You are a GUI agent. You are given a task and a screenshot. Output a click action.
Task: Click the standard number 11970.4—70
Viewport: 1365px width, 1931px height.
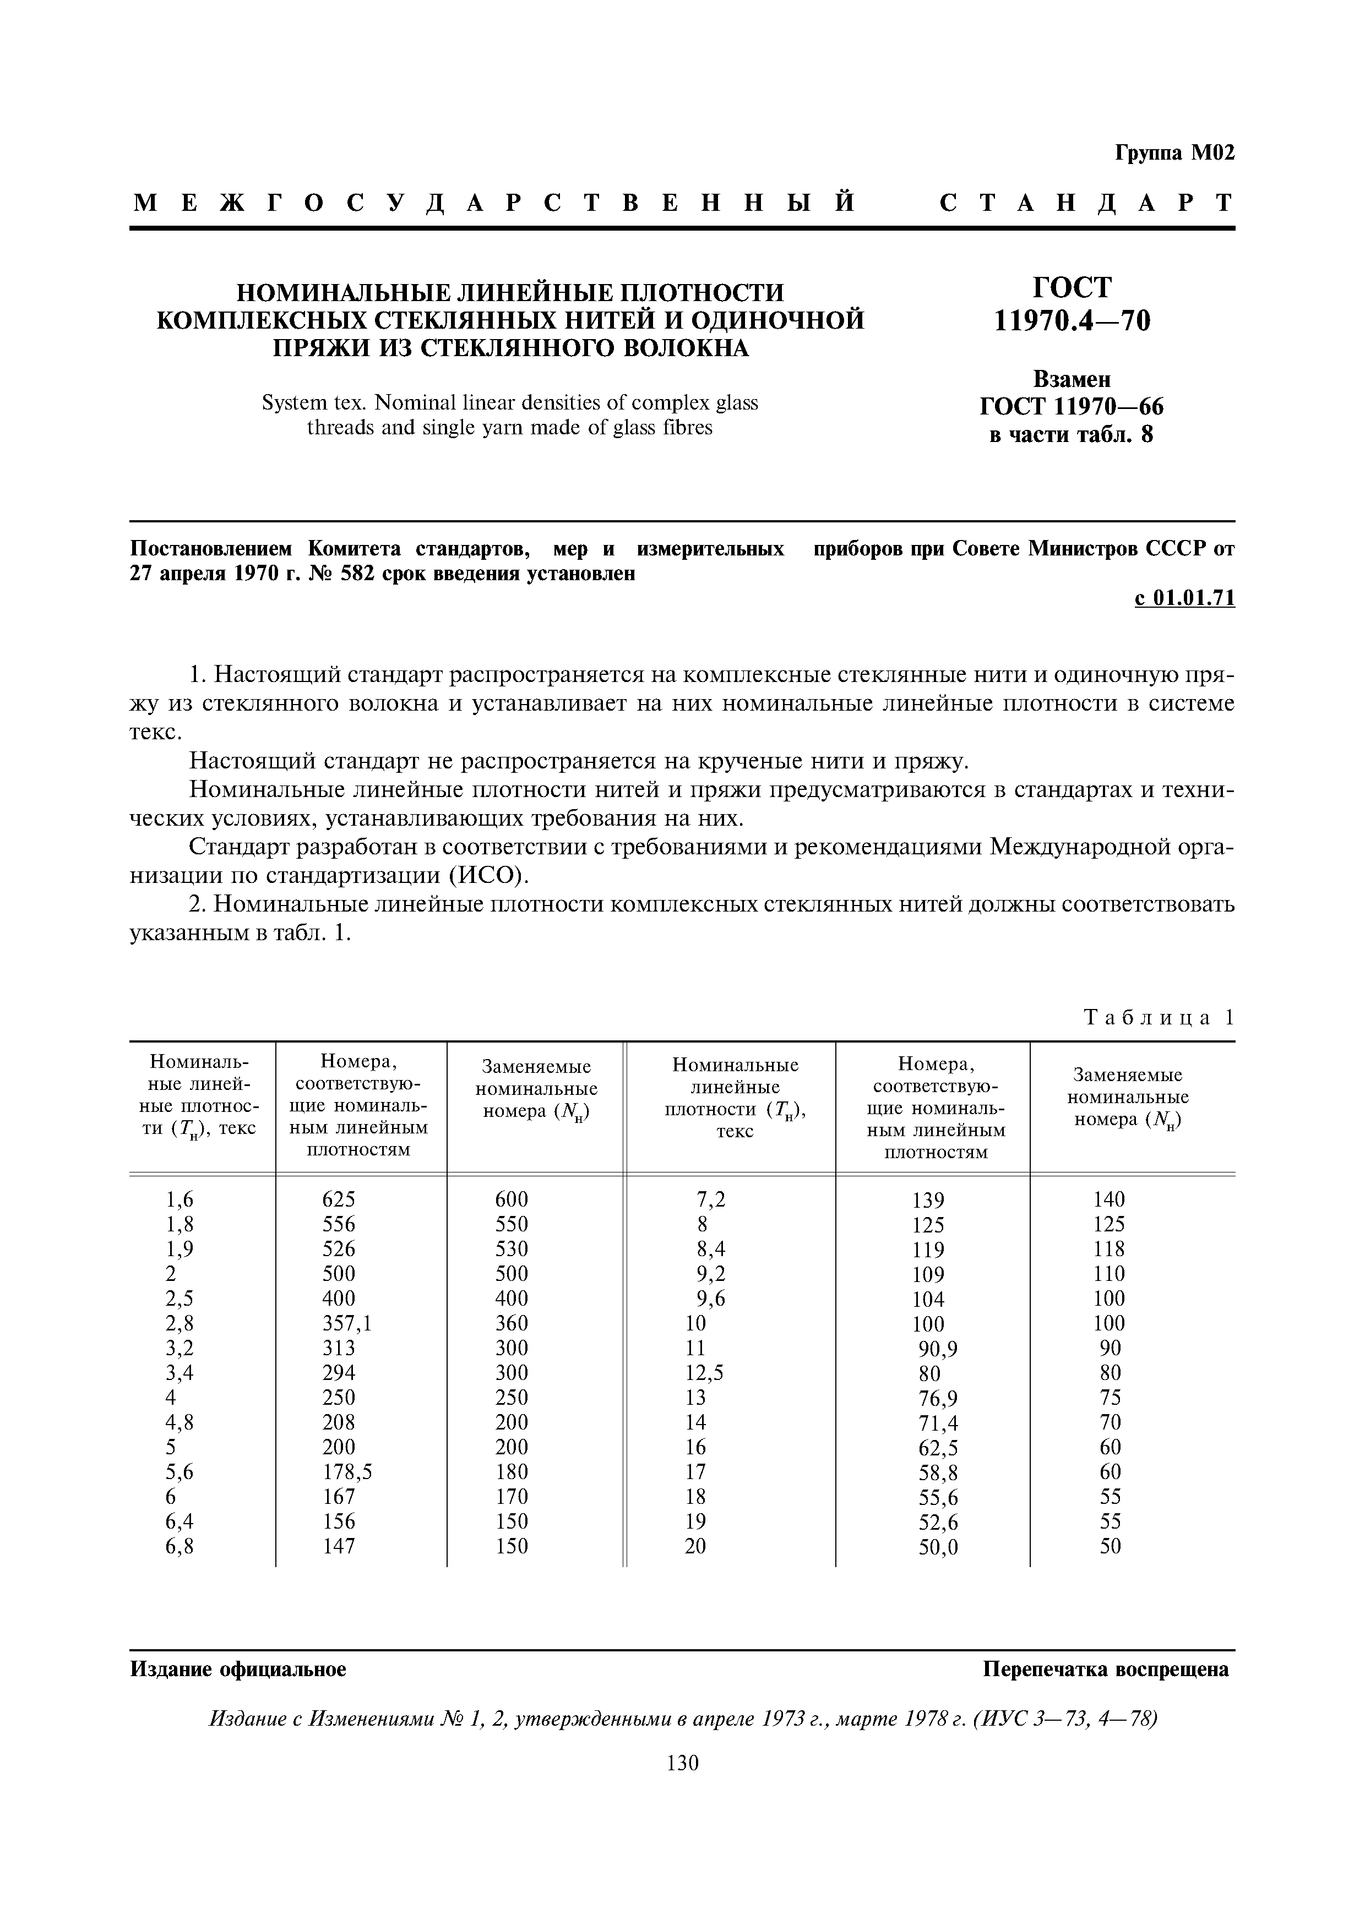click(1072, 321)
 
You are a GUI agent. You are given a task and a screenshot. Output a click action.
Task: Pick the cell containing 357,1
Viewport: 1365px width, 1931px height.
click(346, 1323)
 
